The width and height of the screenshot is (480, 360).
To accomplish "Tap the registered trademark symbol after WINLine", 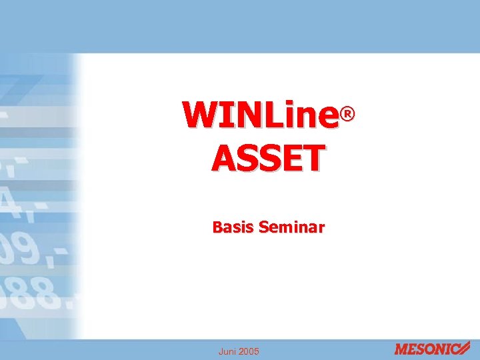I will (x=346, y=116).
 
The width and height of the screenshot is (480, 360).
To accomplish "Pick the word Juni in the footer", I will (x=228, y=351).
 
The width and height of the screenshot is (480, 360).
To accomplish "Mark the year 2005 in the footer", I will (x=249, y=351).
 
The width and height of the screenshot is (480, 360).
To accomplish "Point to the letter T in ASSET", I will (x=315, y=158).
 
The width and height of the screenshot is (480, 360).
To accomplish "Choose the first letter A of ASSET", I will (x=224, y=158).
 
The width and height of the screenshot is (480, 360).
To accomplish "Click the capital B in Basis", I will (x=217, y=228).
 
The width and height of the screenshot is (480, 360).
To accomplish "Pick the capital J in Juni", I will (x=221, y=351).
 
